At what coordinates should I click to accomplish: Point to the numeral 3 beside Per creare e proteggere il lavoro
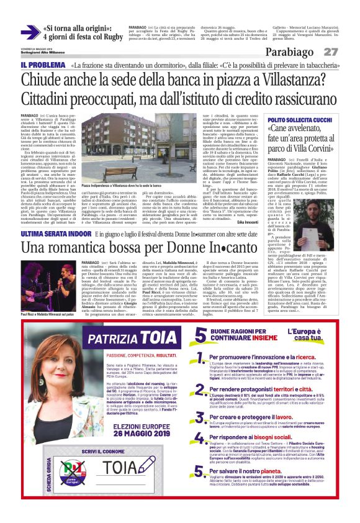[x=199, y=419]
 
